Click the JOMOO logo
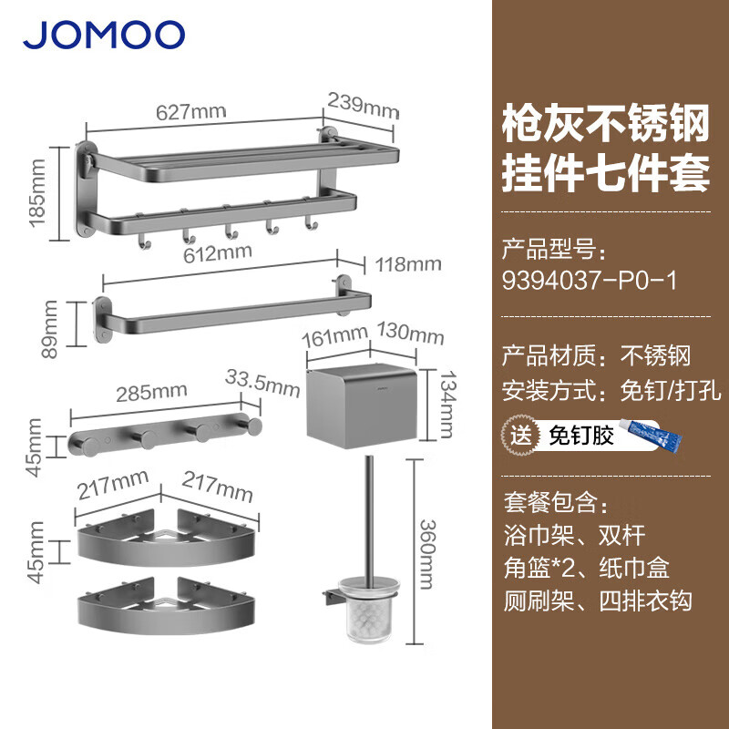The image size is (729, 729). [x=104, y=35]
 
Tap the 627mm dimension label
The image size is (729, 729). [x=191, y=112]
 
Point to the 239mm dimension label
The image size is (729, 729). [x=363, y=106]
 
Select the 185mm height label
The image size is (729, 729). [x=38, y=193]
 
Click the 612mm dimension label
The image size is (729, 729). [x=218, y=253]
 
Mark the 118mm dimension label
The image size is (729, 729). [x=408, y=264]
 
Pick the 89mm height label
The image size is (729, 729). [x=49, y=329]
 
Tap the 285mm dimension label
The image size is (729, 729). [x=151, y=393]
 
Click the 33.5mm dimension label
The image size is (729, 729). [x=262, y=384]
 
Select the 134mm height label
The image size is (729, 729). [x=448, y=404]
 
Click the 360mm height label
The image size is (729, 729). [x=428, y=554]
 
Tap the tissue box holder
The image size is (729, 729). [x=361, y=406]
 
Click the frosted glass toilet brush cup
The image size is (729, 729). [x=369, y=609]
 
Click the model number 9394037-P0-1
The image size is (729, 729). [x=590, y=281]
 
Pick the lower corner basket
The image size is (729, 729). [x=167, y=606]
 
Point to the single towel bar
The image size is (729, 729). [x=233, y=308]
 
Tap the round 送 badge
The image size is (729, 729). [x=520, y=436]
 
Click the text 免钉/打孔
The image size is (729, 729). [x=671, y=390]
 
